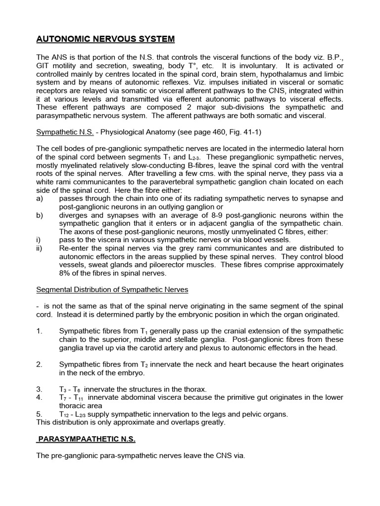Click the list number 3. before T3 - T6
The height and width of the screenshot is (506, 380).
tap(40, 389)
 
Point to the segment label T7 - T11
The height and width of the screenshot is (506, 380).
tap(70, 398)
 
